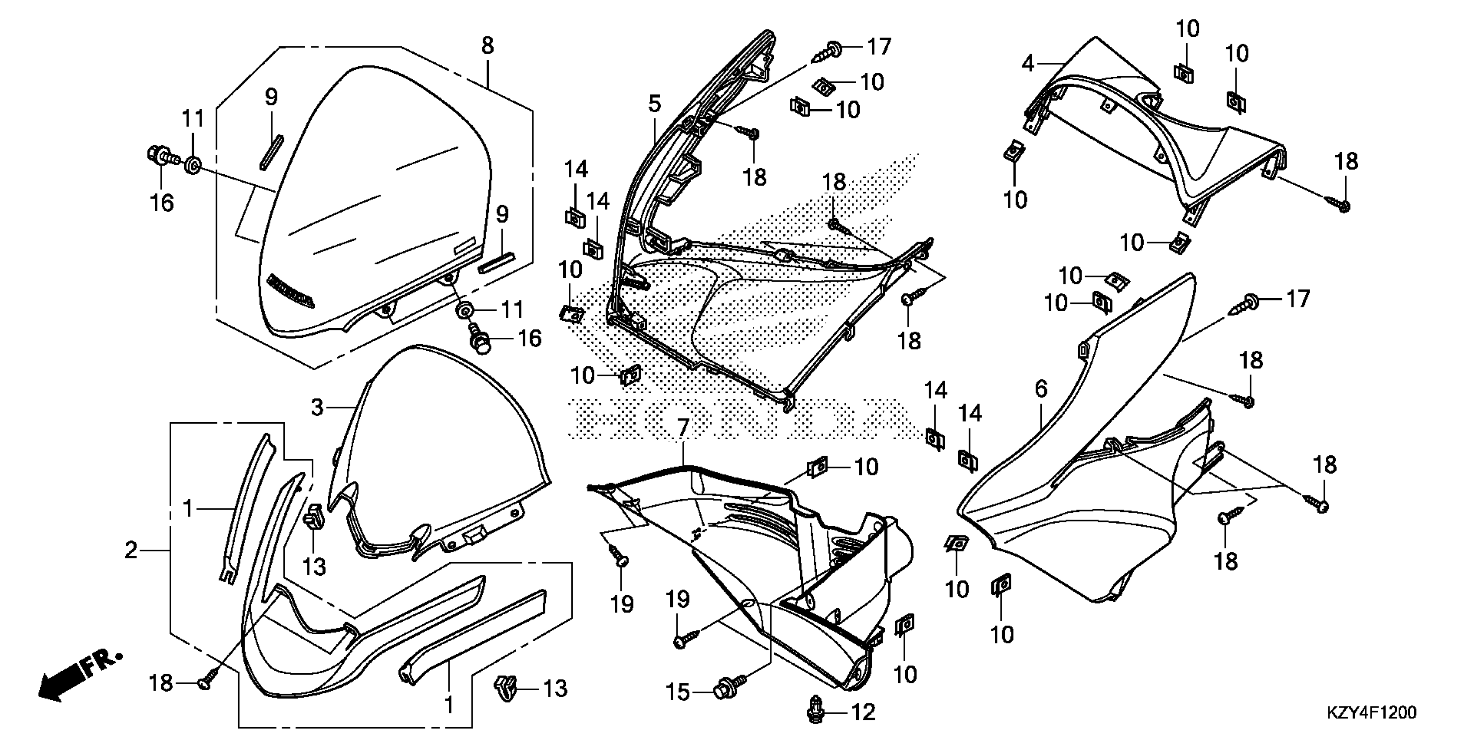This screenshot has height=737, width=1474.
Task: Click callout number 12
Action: [863, 712]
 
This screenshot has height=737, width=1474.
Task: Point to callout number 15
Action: [678, 693]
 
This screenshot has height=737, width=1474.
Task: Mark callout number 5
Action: [655, 104]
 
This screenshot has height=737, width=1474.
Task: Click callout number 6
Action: [1041, 389]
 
